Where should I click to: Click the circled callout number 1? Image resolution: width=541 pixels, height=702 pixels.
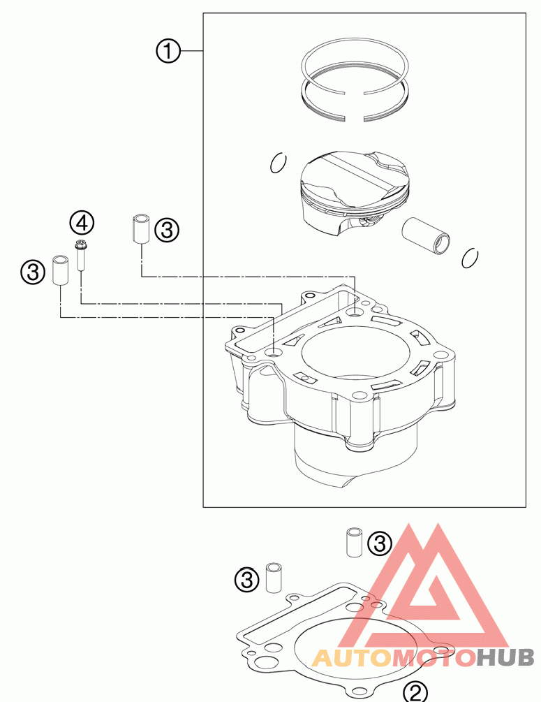pyautogui.click(x=168, y=51)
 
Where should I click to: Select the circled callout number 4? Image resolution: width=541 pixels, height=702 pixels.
pyautogui.click(x=82, y=224)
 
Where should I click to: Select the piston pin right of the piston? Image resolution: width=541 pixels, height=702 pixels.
pyautogui.click(x=428, y=235)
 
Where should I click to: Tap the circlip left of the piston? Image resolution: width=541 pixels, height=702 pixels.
pyautogui.click(x=279, y=163)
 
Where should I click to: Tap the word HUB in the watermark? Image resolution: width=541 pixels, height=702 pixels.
pyautogui.click(x=505, y=657)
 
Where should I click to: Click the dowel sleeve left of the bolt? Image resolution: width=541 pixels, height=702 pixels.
pyautogui.click(x=60, y=270)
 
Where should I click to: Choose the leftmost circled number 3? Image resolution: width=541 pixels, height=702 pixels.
pyautogui.click(x=32, y=272)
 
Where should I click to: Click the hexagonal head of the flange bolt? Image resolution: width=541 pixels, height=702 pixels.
pyautogui.click(x=81, y=244)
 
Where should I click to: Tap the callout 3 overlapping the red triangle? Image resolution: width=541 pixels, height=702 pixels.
pyautogui.click(x=380, y=543)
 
